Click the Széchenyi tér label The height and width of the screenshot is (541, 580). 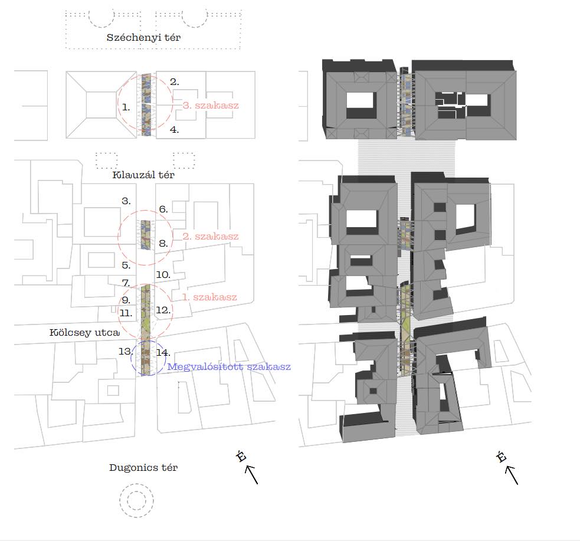[143, 37]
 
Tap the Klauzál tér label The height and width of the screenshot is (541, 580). [143, 175]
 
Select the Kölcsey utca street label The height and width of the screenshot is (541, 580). [84, 332]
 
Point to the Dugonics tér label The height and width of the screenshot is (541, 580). [143, 467]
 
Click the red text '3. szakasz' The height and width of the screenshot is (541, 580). [211, 106]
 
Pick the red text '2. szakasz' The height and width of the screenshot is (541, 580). [211, 237]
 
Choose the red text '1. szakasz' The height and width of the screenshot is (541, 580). [209, 297]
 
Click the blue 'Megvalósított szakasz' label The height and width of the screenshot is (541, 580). [229, 367]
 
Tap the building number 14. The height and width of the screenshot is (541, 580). [163, 353]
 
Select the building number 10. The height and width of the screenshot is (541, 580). [163, 275]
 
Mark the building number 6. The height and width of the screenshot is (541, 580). [163, 209]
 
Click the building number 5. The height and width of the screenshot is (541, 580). [126, 265]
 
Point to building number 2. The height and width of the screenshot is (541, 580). [174, 82]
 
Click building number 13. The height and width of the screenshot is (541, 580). [126, 351]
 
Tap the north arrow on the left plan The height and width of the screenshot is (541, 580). [251, 474]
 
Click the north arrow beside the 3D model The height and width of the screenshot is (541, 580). [512, 475]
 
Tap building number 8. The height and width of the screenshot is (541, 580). [163, 243]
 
